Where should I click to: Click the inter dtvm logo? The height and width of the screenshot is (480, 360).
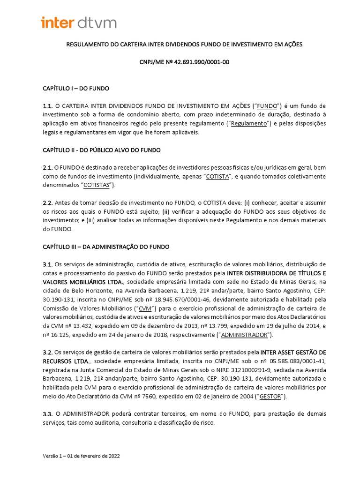pos(79,22)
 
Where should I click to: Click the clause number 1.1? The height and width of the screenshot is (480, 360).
pos(48,106)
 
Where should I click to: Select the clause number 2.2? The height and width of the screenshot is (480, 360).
pos(48,202)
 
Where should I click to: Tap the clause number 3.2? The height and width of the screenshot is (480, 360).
pos(48,352)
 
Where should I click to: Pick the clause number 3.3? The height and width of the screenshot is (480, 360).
pos(48,414)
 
